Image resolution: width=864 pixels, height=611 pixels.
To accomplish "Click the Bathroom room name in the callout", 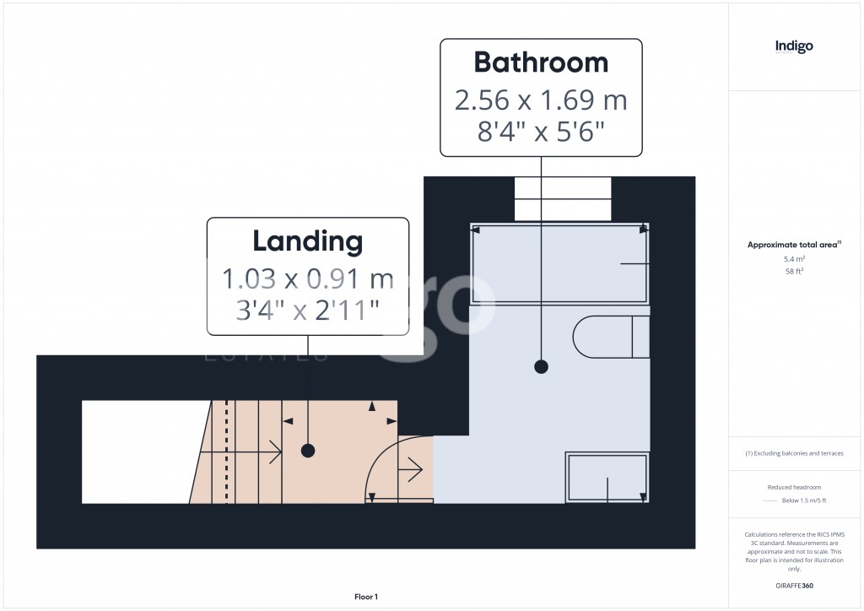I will click(x=541, y=62).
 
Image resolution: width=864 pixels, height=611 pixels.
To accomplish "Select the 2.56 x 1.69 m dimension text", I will click(x=541, y=100).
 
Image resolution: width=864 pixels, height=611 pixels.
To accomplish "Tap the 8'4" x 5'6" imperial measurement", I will click(x=541, y=132).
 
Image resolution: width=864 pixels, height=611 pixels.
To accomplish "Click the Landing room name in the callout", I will click(x=308, y=241).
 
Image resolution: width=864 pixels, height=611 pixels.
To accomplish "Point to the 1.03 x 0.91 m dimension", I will click(x=308, y=278).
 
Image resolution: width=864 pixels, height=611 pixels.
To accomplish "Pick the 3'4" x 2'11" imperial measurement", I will click(x=308, y=311).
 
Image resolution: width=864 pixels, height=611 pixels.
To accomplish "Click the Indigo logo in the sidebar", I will click(x=794, y=46).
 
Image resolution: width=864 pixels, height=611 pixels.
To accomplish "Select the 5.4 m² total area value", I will click(x=794, y=259).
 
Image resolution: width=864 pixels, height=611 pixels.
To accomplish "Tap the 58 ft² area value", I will click(x=794, y=272).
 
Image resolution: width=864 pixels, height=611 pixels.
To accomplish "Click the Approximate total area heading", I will click(x=793, y=245).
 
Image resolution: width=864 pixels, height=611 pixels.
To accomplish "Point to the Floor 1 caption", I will click(x=366, y=597).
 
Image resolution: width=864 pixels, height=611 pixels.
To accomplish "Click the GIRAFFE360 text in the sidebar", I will click(x=794, y=585).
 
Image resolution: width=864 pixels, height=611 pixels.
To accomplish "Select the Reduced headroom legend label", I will click(x=794, y=488).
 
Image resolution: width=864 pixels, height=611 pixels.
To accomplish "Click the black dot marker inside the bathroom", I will click(x=541, y=367).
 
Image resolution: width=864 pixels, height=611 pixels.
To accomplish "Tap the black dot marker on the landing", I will click(x=308, y=451).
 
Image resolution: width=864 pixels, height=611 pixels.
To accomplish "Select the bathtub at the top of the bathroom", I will click(x=559, y=265).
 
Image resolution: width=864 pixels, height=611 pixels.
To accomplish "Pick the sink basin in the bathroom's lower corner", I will click(x=607, y=478).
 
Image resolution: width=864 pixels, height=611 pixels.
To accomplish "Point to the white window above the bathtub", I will click(x=563, y=198).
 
